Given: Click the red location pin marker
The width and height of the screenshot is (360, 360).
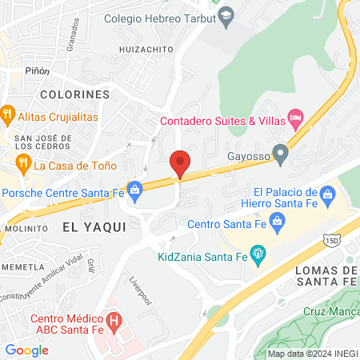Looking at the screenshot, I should click(x=180, y=162).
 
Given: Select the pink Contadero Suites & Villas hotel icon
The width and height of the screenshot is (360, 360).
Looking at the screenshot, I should click(x=295, y=120).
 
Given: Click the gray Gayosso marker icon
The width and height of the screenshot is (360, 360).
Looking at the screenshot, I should click(x=279, y=151).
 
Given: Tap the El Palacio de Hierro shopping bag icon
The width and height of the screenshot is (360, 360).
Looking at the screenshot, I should click(x=327, y=193).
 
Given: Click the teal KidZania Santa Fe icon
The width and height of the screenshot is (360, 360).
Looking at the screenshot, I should click(x=258, y=255).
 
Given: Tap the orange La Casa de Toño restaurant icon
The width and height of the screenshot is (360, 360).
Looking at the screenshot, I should click(x=22, y=165).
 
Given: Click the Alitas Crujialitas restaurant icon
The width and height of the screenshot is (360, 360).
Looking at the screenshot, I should click(x=7, y=114).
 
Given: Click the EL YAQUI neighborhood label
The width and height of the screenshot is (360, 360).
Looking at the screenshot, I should click(x=94, y=227).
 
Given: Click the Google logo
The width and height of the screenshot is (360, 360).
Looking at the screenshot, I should click(x=26, y=350).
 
